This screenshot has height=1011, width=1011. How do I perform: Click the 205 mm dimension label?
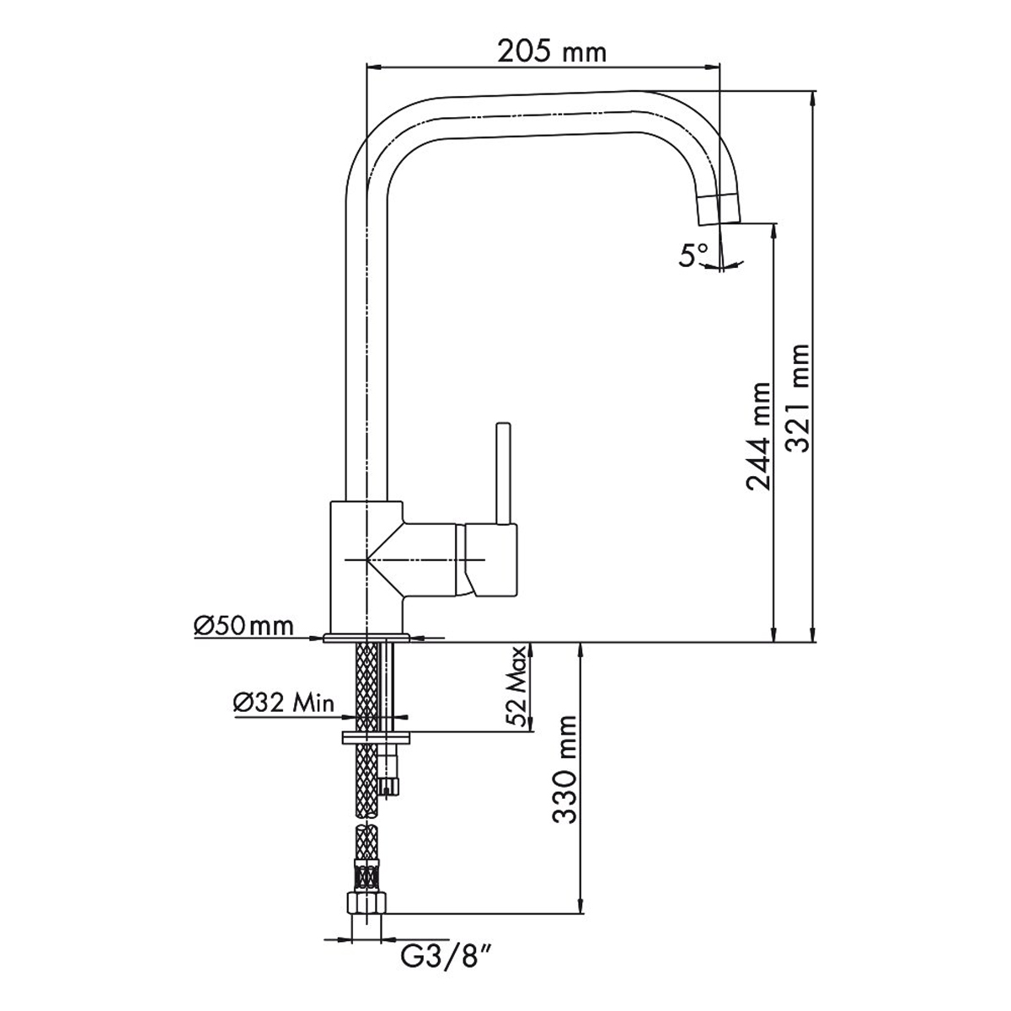[551, 51]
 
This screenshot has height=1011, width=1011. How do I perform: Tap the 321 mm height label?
[799, 399]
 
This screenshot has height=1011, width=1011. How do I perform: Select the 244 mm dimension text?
[758, 436]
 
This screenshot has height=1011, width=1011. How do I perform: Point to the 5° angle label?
[693, 255]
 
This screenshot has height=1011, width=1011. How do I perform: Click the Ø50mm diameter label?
[243, 627]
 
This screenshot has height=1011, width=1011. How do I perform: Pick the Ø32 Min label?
[284, 703]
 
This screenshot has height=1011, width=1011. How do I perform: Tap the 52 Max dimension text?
[517, 686]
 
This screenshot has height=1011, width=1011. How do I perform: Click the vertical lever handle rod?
[503, 473]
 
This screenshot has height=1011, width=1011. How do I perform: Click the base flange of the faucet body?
[366, 638]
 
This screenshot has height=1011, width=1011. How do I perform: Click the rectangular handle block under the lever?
[491, 559]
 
